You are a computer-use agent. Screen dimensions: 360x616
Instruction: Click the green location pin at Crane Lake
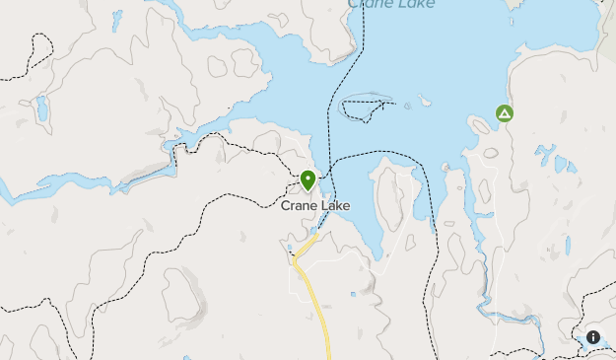pos(308,180)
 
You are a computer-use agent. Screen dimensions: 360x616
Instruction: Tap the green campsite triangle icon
pos(505,114)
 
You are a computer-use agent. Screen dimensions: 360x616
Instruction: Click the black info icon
pos(593,337)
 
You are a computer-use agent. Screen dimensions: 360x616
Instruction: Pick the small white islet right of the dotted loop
pos(423,100)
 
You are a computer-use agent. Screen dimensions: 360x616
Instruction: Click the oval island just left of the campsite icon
pos(480,125)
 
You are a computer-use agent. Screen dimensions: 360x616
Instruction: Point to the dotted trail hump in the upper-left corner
pos(39,49)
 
